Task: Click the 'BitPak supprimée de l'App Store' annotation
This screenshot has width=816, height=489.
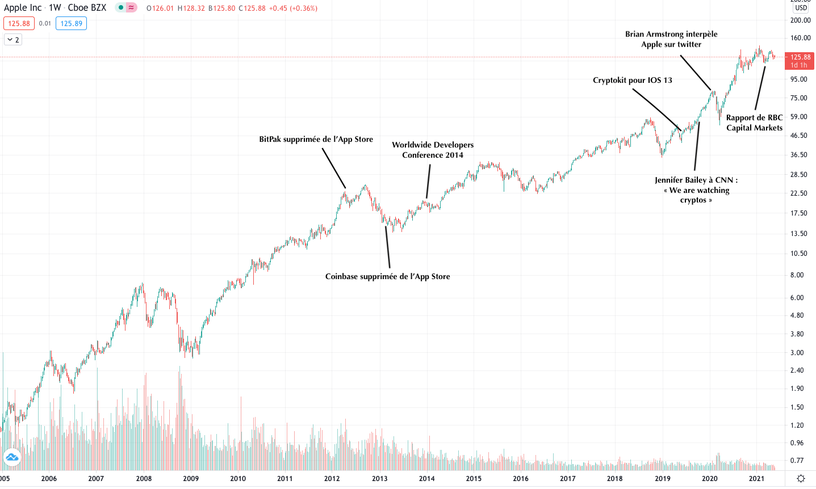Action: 316,139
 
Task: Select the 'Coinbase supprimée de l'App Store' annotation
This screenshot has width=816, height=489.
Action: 387,276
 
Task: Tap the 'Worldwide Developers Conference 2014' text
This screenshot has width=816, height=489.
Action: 433,150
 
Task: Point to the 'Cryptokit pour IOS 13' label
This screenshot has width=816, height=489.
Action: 632,80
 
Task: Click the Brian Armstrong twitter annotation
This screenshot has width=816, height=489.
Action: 671,39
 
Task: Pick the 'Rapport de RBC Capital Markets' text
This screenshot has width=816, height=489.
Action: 754,123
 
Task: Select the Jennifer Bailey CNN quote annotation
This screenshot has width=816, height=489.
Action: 696,189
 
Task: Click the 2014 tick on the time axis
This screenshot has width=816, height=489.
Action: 426,478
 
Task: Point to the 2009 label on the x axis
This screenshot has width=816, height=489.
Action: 191,478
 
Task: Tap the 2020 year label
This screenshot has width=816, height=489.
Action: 709,478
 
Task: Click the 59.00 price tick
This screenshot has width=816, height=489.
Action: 799,117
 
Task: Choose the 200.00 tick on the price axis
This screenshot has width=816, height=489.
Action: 800,20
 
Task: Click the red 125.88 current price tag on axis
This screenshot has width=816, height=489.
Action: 800,57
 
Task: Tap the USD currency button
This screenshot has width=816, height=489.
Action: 801,8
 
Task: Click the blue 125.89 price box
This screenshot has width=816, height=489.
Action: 71,23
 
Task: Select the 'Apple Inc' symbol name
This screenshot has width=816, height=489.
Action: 23,8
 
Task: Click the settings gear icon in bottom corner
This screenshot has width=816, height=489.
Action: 801,478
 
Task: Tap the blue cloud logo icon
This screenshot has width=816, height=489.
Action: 11,457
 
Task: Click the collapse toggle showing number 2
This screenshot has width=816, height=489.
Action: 13,40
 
